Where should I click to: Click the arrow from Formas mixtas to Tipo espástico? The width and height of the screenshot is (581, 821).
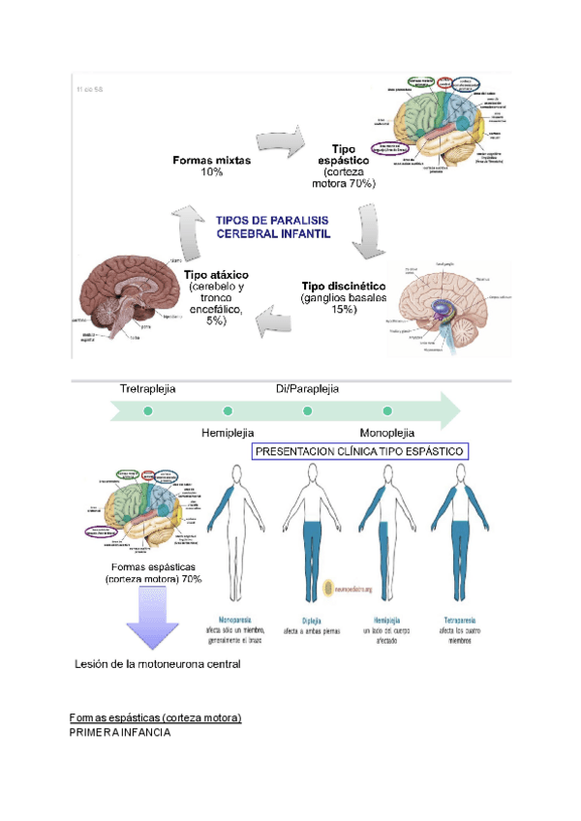[x=279, y=144]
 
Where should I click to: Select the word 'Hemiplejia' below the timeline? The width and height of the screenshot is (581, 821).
[x=228, y=433]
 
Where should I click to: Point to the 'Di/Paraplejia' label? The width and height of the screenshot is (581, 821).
[x=307, y=389]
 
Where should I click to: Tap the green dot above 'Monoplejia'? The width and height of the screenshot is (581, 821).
[x=387, y=410]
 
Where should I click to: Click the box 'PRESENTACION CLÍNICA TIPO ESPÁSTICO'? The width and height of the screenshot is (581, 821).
[x=360, y=452]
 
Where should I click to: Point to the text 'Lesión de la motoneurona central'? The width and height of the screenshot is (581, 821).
[x=157, y=664]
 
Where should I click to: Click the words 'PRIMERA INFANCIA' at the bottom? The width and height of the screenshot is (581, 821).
[x=120, y=733]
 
